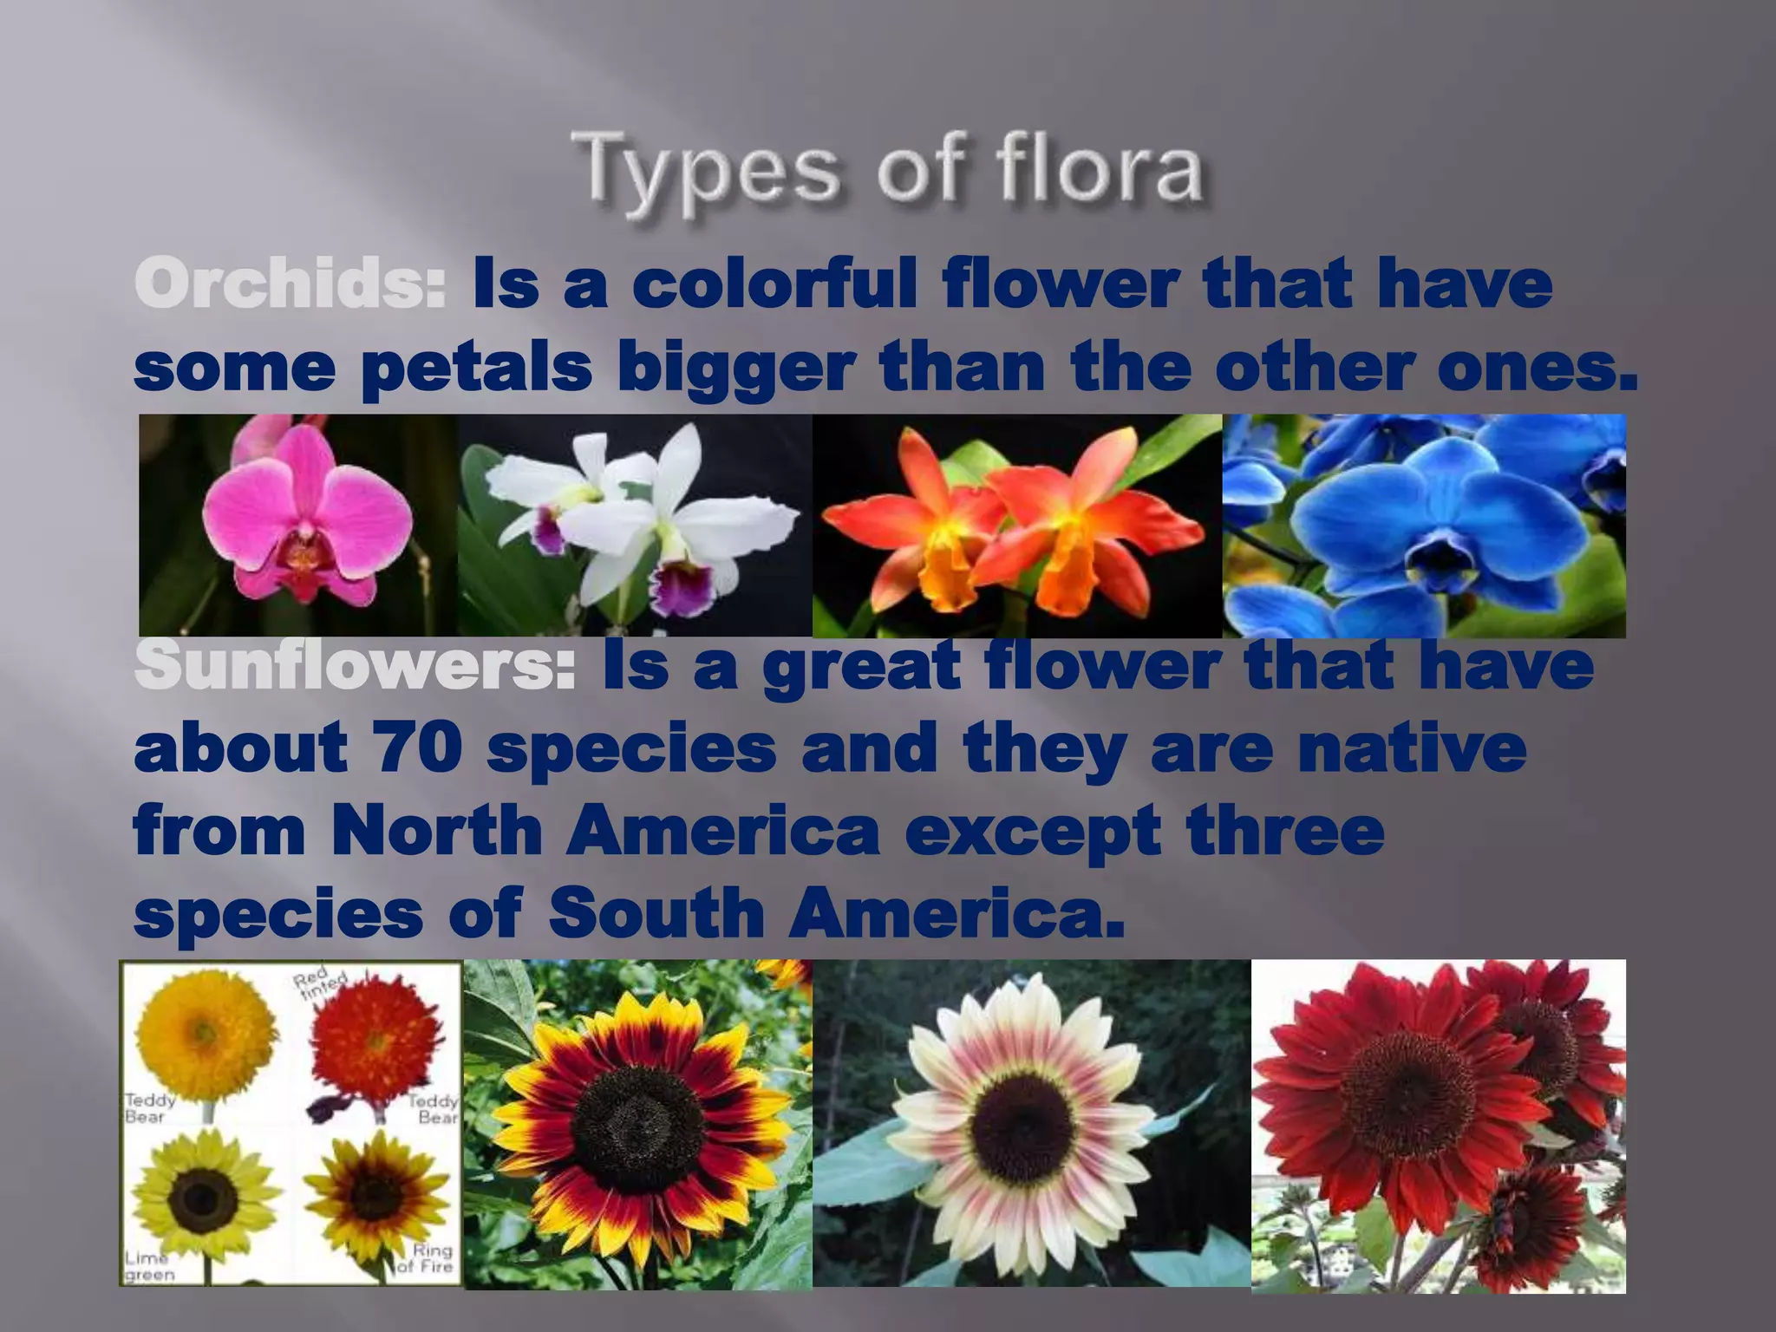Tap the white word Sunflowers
354,666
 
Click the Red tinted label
319,985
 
